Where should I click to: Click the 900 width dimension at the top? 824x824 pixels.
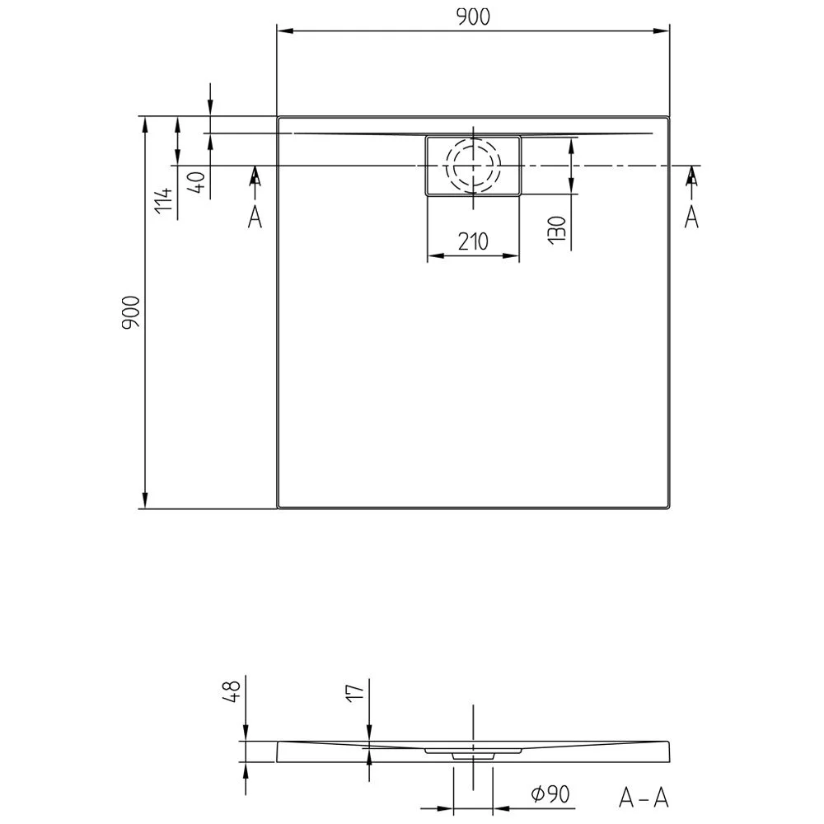[x=473, y=17]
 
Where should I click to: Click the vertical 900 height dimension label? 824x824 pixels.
[x=131, y=312]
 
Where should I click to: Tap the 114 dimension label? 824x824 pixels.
[x=164, y=199]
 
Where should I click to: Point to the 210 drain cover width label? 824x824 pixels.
[x=473, y=241]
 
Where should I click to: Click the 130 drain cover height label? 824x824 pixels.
[x=556, y=230]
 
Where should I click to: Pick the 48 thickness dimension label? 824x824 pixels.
[x=232, y=691]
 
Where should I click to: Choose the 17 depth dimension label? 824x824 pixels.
[x=356, y=691]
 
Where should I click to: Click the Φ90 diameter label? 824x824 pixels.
[x=550, y=794]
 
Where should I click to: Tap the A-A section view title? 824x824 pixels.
[x=644, y=798]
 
